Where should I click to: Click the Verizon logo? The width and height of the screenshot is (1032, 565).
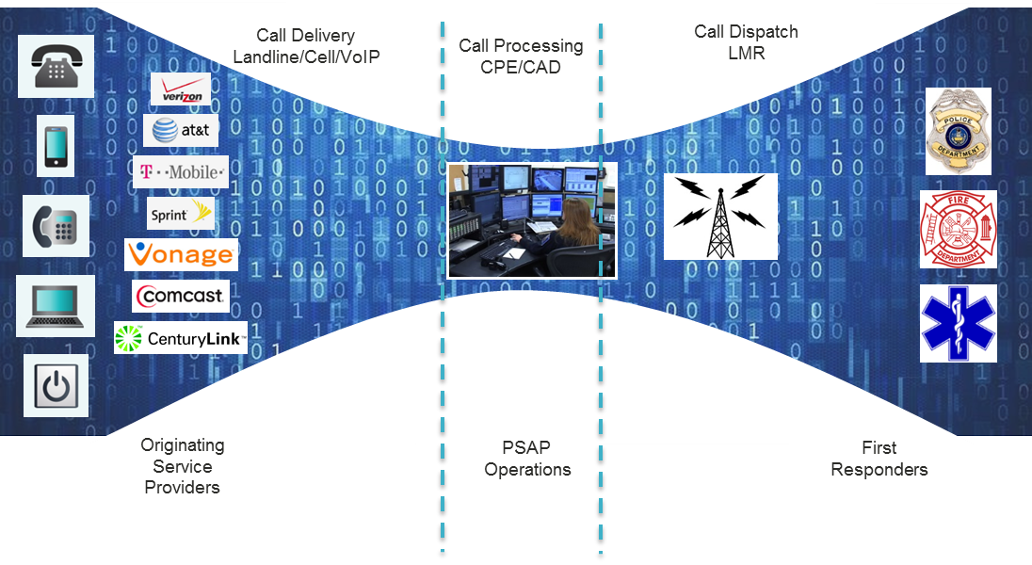pos(180,89)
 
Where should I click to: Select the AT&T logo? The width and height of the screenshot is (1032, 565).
pos(181,131)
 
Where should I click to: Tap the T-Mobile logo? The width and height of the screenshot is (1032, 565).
pos(181,172)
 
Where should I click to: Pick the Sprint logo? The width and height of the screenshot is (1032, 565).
pos(181,214)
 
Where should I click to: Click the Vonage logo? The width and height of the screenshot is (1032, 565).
pos(181,254)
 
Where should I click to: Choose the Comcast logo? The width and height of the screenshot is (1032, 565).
pos(181,296)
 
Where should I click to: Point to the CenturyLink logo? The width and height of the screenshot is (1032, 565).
pos(181,338)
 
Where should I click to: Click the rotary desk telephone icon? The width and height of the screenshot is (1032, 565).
pos(56,66)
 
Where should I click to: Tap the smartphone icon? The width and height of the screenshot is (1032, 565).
pos(56,146)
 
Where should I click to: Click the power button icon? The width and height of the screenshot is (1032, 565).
pos(56,386)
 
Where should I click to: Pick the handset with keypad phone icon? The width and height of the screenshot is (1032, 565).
pos(56,226)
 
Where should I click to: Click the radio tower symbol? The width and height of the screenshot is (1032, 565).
pos(720,217)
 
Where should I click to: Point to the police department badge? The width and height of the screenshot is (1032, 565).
pos(959,131)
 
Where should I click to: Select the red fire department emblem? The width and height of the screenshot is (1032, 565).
pos(959,229)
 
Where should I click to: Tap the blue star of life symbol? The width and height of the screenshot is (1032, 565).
pos(959,324)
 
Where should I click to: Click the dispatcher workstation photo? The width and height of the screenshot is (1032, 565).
pos(533,220)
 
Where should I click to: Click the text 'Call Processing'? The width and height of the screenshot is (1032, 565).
pos(521,46)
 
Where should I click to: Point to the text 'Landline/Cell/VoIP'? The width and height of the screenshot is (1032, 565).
pos(306,57)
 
